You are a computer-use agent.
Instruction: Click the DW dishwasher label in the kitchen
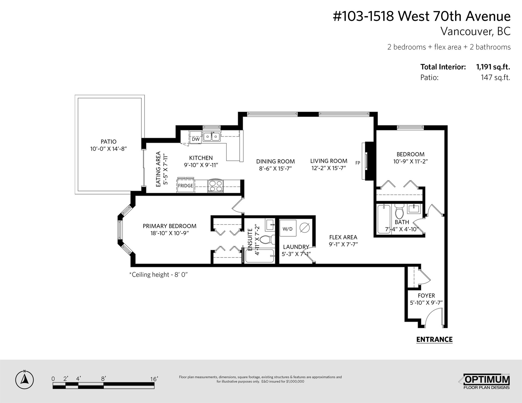pyautogui.click(x=196, y=139)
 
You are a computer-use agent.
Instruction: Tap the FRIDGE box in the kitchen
pyautogui.click(x=185, y=186)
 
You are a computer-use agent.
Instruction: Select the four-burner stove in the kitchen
pyautogui.click(x=216, y=186)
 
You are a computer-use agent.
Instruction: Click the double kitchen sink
pyautogui.click(x=211, y=136)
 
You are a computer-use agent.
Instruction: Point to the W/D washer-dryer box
pyautogui.click(x=287, y=229)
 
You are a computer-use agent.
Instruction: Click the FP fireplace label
pyautogui.click(x=358, y=163)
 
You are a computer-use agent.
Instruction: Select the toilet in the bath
pyautogui.click(x=399, y=213)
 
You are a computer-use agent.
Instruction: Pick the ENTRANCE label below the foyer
pyautogui.click(x=434, y=339)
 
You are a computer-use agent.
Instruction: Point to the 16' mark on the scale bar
pyautogui.click(x=154, y=379)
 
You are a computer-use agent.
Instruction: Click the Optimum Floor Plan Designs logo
pyautogui.click(x=486, y=382)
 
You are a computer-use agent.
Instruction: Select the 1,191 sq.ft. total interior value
pyautogui.click(x=493, y=67)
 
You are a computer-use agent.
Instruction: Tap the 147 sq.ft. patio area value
pyautogui.click(x=495, y=78)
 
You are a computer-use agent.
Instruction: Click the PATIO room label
pyautogui.click(x=108, y=141)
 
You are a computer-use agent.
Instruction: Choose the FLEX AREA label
pyautogui.click(x=343, y=237)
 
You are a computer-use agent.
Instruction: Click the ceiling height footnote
pyautogui.click(x=159, y=275)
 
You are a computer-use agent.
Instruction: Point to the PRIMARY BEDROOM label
pyautogui.click(x=170, y=226)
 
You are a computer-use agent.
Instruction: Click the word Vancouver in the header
pyautogui.click(x=465, y=32)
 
